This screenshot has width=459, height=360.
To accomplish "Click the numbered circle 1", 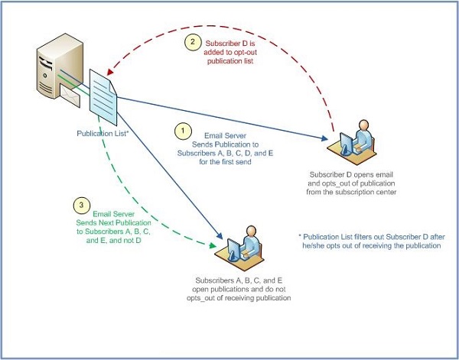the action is tap(183, 131).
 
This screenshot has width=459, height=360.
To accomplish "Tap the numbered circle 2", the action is tap(193, 42).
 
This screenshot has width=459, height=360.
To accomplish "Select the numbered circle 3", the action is tap(81, 205).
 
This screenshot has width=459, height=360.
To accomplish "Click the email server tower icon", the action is tap(60, 66).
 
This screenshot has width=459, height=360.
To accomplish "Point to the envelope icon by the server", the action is tap(70, 95).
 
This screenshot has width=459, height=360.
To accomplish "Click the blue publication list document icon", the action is tap(103, 97).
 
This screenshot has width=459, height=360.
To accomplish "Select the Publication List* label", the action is tap(103, 133).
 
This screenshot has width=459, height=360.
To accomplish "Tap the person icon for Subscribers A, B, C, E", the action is tap(239, 248).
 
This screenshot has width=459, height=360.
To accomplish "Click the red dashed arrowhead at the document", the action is tap(110, 72).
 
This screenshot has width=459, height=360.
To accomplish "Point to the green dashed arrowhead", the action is tap(213, 245).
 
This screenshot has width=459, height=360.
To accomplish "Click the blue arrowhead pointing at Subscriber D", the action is tap(324, 138).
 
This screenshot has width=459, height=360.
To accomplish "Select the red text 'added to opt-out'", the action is tap(230, 52).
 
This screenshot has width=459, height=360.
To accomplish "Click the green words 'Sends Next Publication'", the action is tap(113, 223).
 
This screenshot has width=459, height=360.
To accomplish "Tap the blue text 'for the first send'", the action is tap(225, 162).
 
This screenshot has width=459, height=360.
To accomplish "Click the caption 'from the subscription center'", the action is tap(351, 192).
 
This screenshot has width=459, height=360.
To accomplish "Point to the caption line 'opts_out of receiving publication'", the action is tap(239, 298).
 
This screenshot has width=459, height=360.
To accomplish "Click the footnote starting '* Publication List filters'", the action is tap(372, 241).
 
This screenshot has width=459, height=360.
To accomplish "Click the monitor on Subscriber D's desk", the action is tap(347, 143).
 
